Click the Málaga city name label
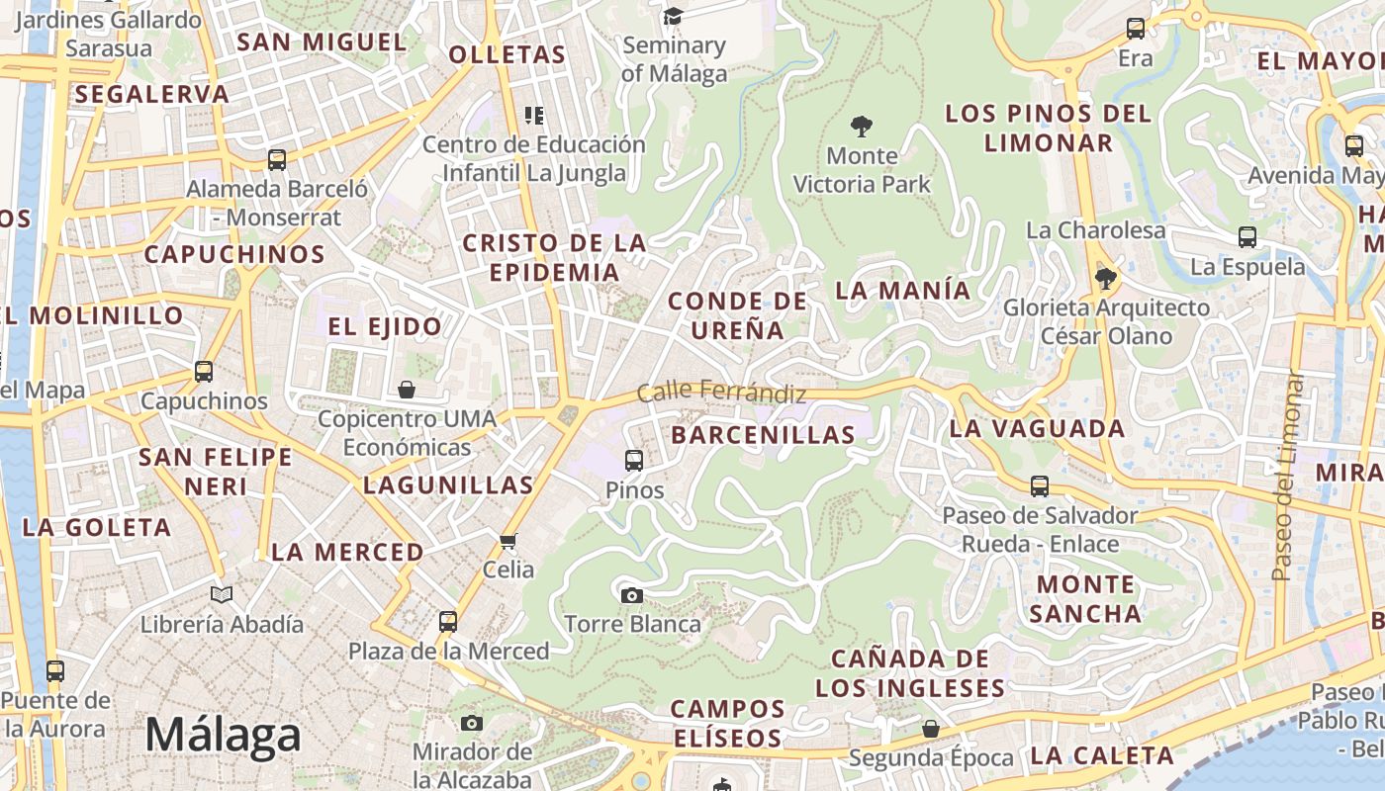pos(223,736)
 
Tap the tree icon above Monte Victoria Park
pos(862,127)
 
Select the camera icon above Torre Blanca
pos(631,595)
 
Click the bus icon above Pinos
pos(634,460)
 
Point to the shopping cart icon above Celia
pos(508,540)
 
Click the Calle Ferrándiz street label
pos(721,392)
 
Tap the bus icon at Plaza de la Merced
pos(448,621)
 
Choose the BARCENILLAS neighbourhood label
pos(763,435)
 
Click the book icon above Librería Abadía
pos(222,594)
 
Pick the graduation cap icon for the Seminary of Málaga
pos(674,16)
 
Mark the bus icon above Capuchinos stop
pos(204,372)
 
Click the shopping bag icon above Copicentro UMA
pos(407,390)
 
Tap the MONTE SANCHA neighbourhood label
pos(1085,598)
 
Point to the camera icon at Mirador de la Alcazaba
pos(472,723)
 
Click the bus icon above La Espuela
pos(1247,237)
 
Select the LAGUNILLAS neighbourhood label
pos(448,484)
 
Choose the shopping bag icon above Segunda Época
pos(931,729)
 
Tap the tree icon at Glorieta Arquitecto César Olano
pos(1106,279)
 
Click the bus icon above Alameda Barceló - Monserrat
pos(277,159)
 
